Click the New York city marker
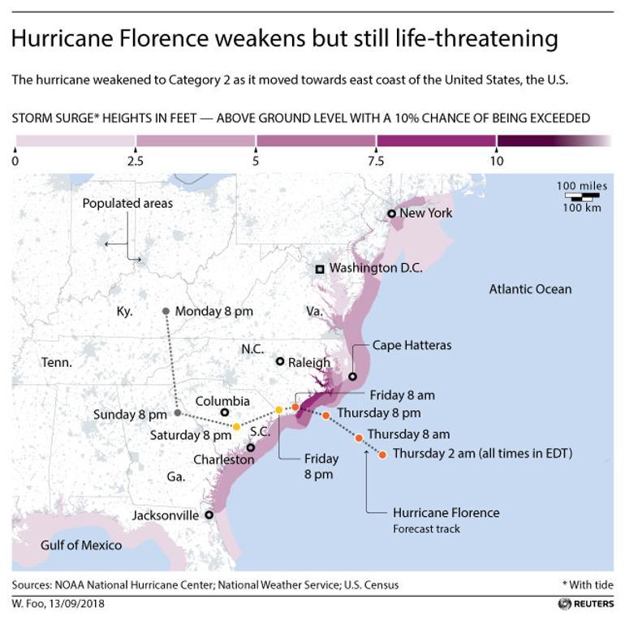(392, 213)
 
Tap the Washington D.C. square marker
(321, 269)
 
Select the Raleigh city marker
(280, 362)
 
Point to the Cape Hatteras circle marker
(353, 377)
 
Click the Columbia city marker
(225, 413)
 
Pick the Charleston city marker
(251, 447)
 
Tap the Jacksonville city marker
(209, 515)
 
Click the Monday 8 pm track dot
(166, 311)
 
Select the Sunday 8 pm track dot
(178, 414)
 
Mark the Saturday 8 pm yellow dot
(236, 427)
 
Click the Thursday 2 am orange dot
(383, 455)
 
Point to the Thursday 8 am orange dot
(359, 438)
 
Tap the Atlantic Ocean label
(530, 289)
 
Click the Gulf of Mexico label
(81, 545)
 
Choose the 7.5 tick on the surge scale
(377, 150)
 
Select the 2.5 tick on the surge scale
(136, 150)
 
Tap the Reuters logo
(586, 604)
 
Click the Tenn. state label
(58, 363)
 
